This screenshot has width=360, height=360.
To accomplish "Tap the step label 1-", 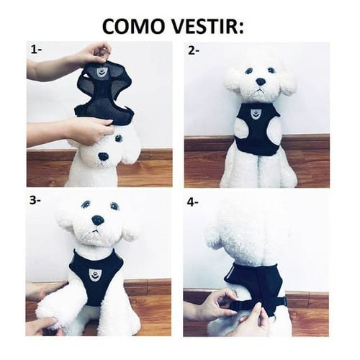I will coord(36,50).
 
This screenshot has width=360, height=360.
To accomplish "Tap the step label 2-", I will coord(193,50).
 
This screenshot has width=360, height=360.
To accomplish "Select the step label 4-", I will coord(193,202).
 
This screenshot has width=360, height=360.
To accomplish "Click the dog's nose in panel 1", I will coord(104,156).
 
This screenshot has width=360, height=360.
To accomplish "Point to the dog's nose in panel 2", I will coord(258,81).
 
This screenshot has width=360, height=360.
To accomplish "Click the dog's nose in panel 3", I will coord(97,220).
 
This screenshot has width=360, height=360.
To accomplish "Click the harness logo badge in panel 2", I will coord(256,113).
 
